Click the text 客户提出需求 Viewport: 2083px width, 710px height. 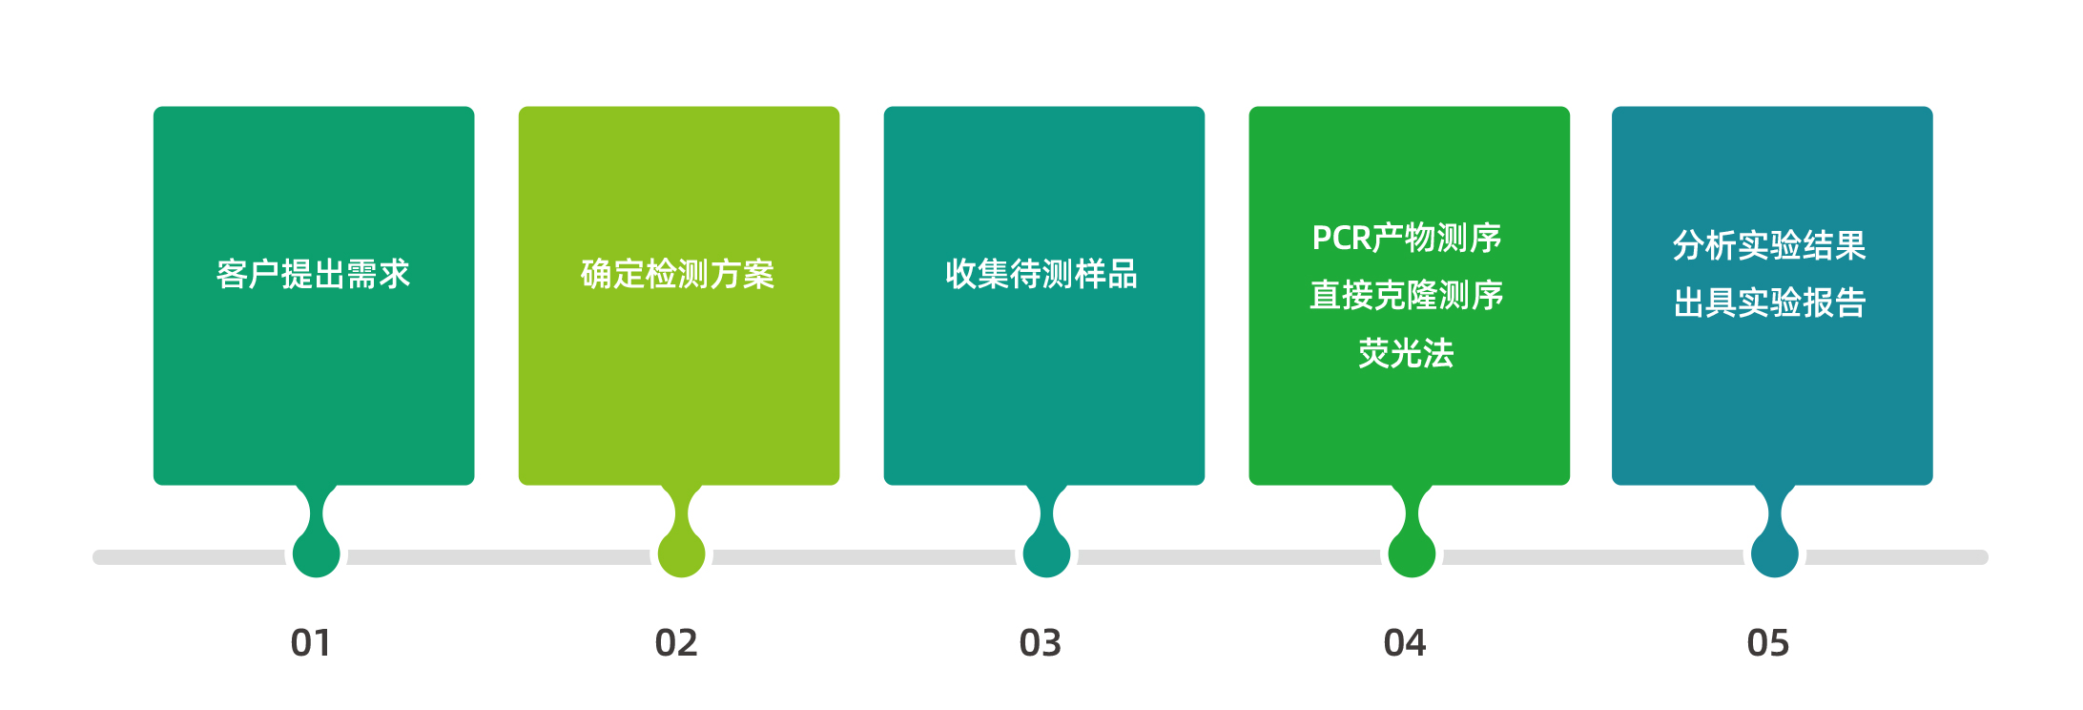[x=313, y=275]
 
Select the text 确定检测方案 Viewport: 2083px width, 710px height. [x=677, y=275]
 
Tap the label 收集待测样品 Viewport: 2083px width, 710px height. [x=1041, y=275]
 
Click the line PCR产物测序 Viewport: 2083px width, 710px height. [x=1407, y=239]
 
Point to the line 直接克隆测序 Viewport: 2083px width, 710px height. [x=1407, y=296]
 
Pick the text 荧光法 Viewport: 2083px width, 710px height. [x=1407, y=354]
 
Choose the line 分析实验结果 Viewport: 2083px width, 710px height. [x=1769, y=246]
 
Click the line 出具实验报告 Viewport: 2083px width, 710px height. [x=1769, y=303]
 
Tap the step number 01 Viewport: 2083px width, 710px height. [x=311, y=643]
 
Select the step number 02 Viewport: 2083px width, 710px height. [x=676, y=643]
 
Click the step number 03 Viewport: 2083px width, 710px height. [x=1041, y=643]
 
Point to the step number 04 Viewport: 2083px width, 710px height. [x=1405, y=643]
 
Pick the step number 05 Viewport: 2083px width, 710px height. [x=1768, y=643]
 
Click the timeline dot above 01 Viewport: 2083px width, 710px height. [x=317, y=554]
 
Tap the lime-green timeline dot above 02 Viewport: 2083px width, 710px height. [x=682, y=554]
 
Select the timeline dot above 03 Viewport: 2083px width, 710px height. [x=1046, y=554]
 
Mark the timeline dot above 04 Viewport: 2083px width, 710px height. [x=1412, y=554]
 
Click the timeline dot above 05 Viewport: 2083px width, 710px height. [x=1775, y=554]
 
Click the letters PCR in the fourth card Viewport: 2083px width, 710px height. [x=1342, y=239]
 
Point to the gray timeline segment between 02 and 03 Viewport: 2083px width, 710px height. [x=864, y=557]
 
